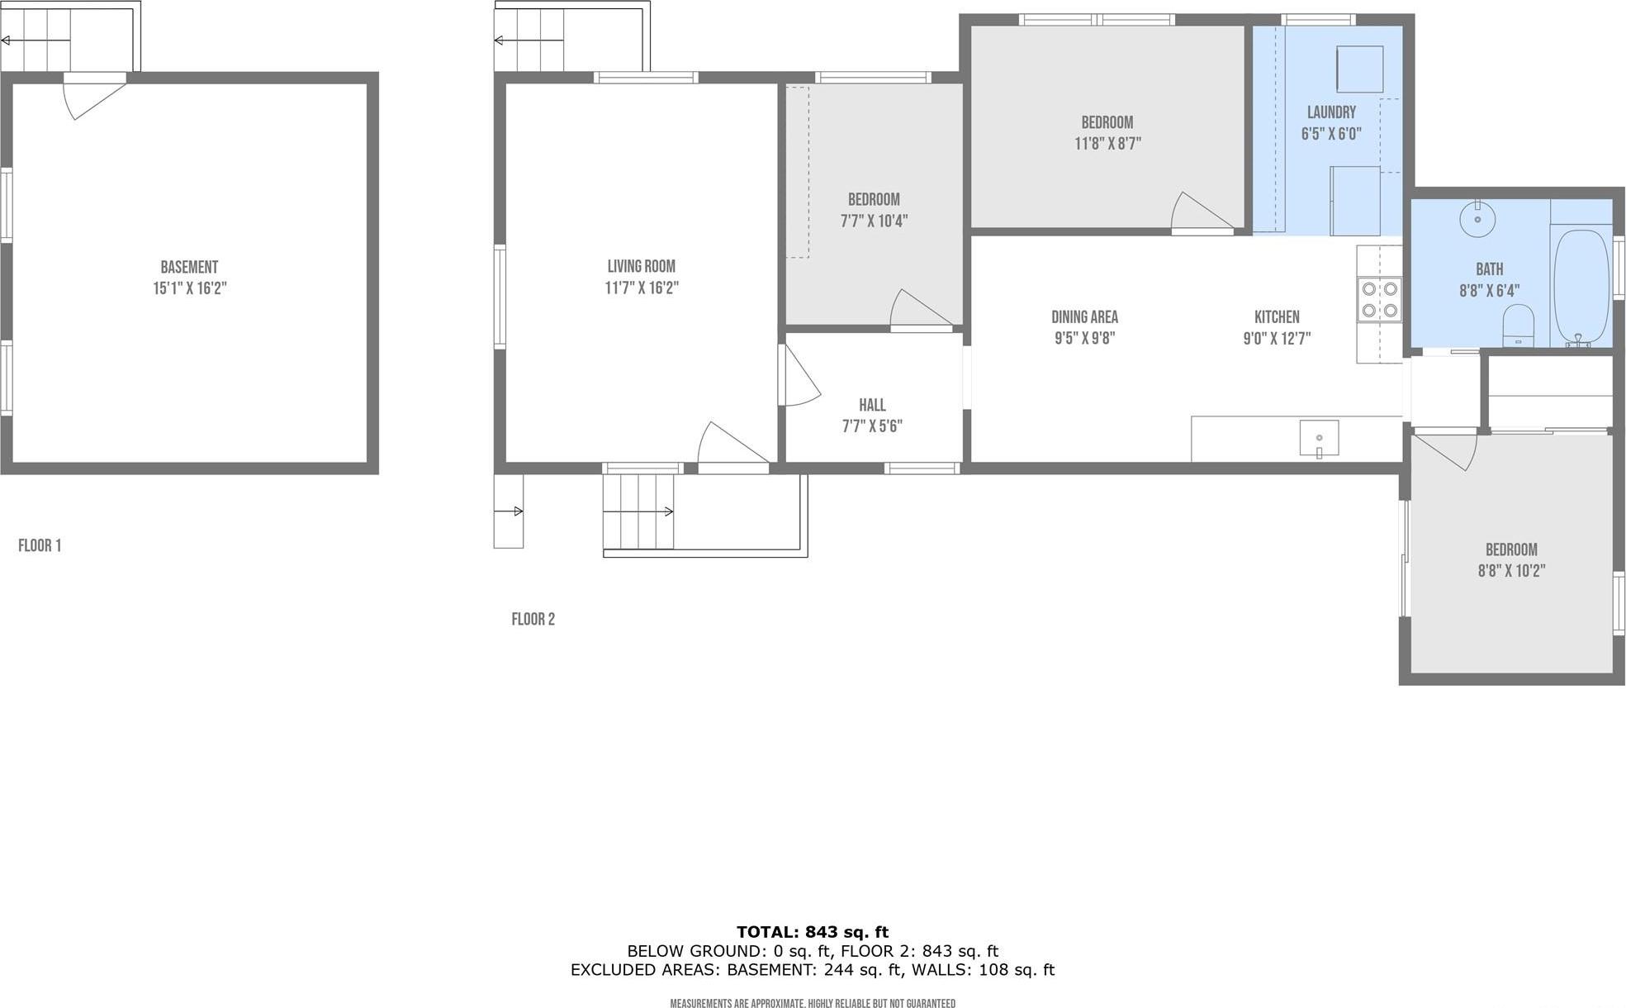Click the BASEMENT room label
point(189,267)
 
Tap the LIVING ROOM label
point(641,266)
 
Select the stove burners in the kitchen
point(1380,299)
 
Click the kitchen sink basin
point(1319,438)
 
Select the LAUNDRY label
point(1331,112)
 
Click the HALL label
point(872,405)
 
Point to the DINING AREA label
point(1084,316)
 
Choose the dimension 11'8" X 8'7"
point(1107,144)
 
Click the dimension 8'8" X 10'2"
point(1511,571)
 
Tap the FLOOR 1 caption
point(40,545)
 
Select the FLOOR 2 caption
point(533,619)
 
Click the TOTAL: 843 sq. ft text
point(813,933)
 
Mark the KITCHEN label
point(1277,316)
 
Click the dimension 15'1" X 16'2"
point(189,288)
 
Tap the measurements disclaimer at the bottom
point(813,1003)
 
